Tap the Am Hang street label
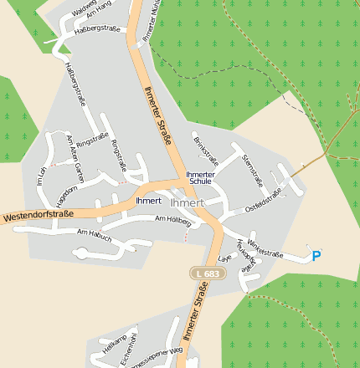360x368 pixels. pos(99,11)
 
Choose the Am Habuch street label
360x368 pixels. pos(95,233)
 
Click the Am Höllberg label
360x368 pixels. pos(173,221)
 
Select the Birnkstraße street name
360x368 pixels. pos(206,149)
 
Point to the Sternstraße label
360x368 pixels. pos(252,170)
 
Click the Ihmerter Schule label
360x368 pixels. pos(200,177)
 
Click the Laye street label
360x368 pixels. pos(224,258)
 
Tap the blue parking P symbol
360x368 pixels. pos(316,256)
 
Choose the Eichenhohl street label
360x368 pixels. pos(130,347)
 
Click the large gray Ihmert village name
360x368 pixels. pos(187,202)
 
